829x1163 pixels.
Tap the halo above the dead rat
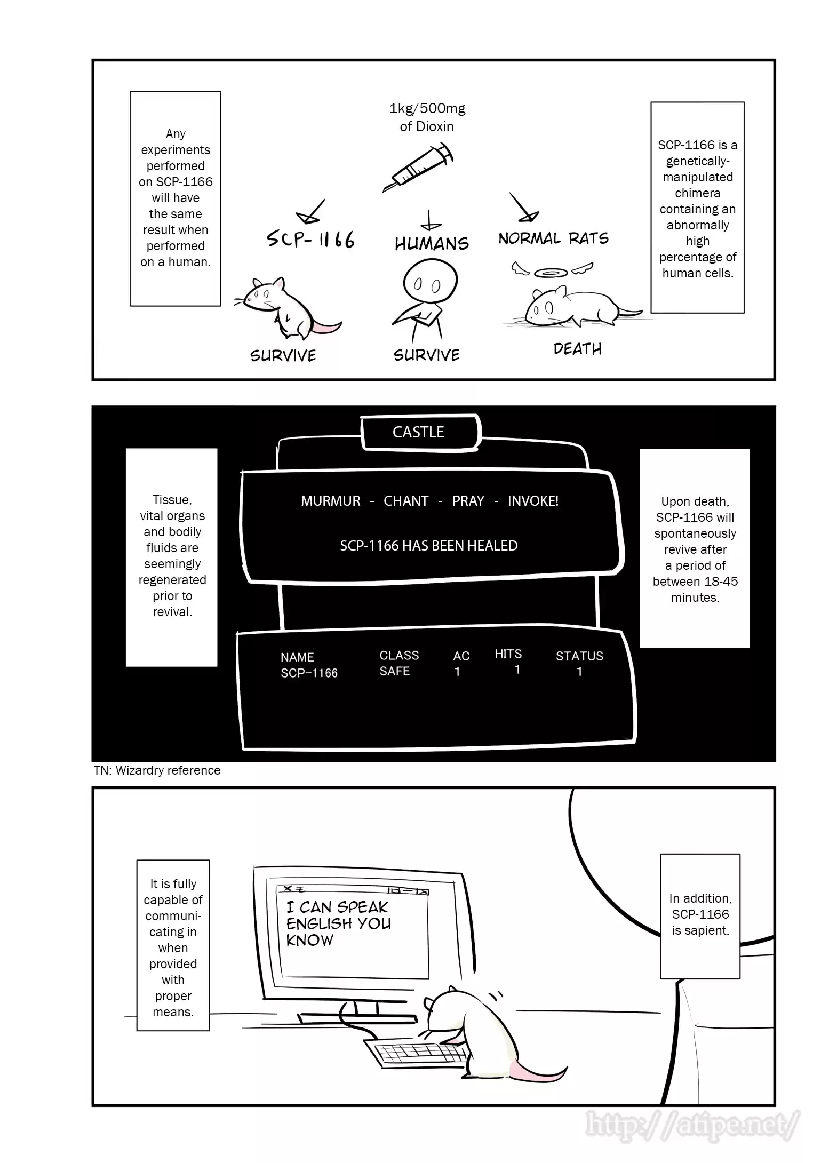tap(551, 273)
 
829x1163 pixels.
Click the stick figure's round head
tap(429, 283)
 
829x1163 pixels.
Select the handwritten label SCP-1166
tap(310, 240)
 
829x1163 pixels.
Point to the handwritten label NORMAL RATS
tap(553, 238)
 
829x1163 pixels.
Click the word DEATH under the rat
tap(577, 349)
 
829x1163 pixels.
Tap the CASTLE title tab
tap(419, 432)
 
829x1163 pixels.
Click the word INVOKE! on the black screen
tap(533, 501)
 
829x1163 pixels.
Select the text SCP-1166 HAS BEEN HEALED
tap(429, 546)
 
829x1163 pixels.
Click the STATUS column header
tap(579, 656)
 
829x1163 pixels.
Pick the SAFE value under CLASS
tap(394, 671)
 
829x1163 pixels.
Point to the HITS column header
tap(508, 654)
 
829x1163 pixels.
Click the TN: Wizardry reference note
tap(157, 770)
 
